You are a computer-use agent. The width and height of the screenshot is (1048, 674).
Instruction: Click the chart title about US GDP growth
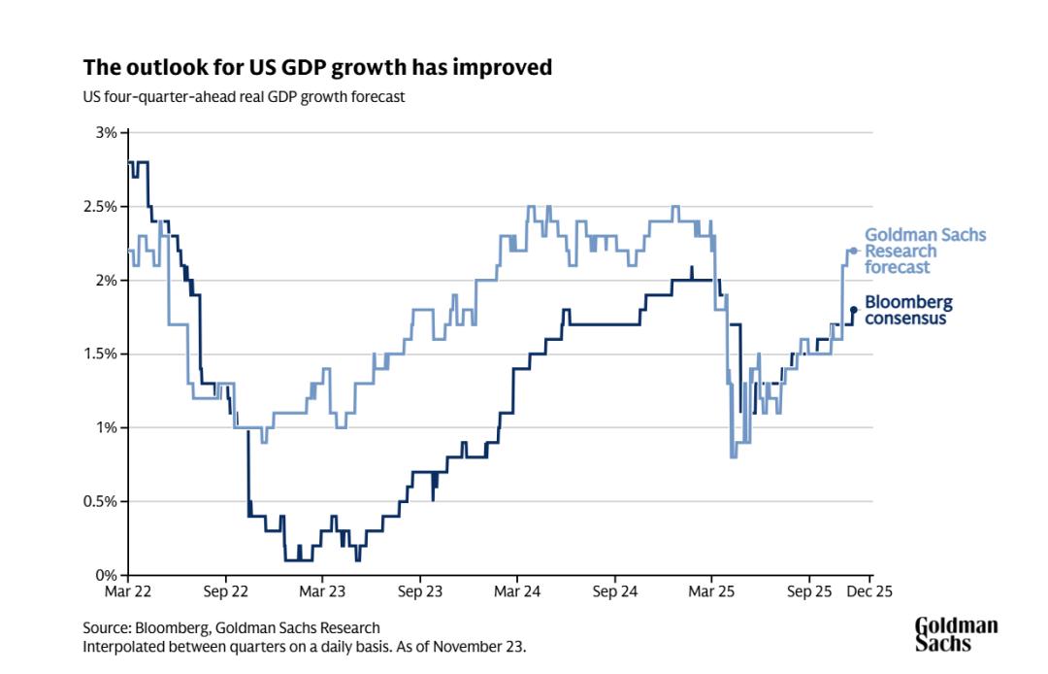[317, 67]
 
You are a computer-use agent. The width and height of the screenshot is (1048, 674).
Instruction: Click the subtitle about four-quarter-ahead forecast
[244, 97]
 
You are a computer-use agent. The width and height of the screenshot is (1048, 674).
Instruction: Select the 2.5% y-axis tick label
[102, 206]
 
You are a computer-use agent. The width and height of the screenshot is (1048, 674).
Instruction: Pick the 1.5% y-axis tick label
[102, 354]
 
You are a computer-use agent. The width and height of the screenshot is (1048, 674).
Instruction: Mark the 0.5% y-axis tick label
[102, 501]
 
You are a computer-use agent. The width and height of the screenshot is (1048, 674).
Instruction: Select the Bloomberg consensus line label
[908, 310]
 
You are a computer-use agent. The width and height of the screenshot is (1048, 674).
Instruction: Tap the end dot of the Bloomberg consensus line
[854, 310]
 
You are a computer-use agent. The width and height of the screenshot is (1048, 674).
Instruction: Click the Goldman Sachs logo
[956, 634]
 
